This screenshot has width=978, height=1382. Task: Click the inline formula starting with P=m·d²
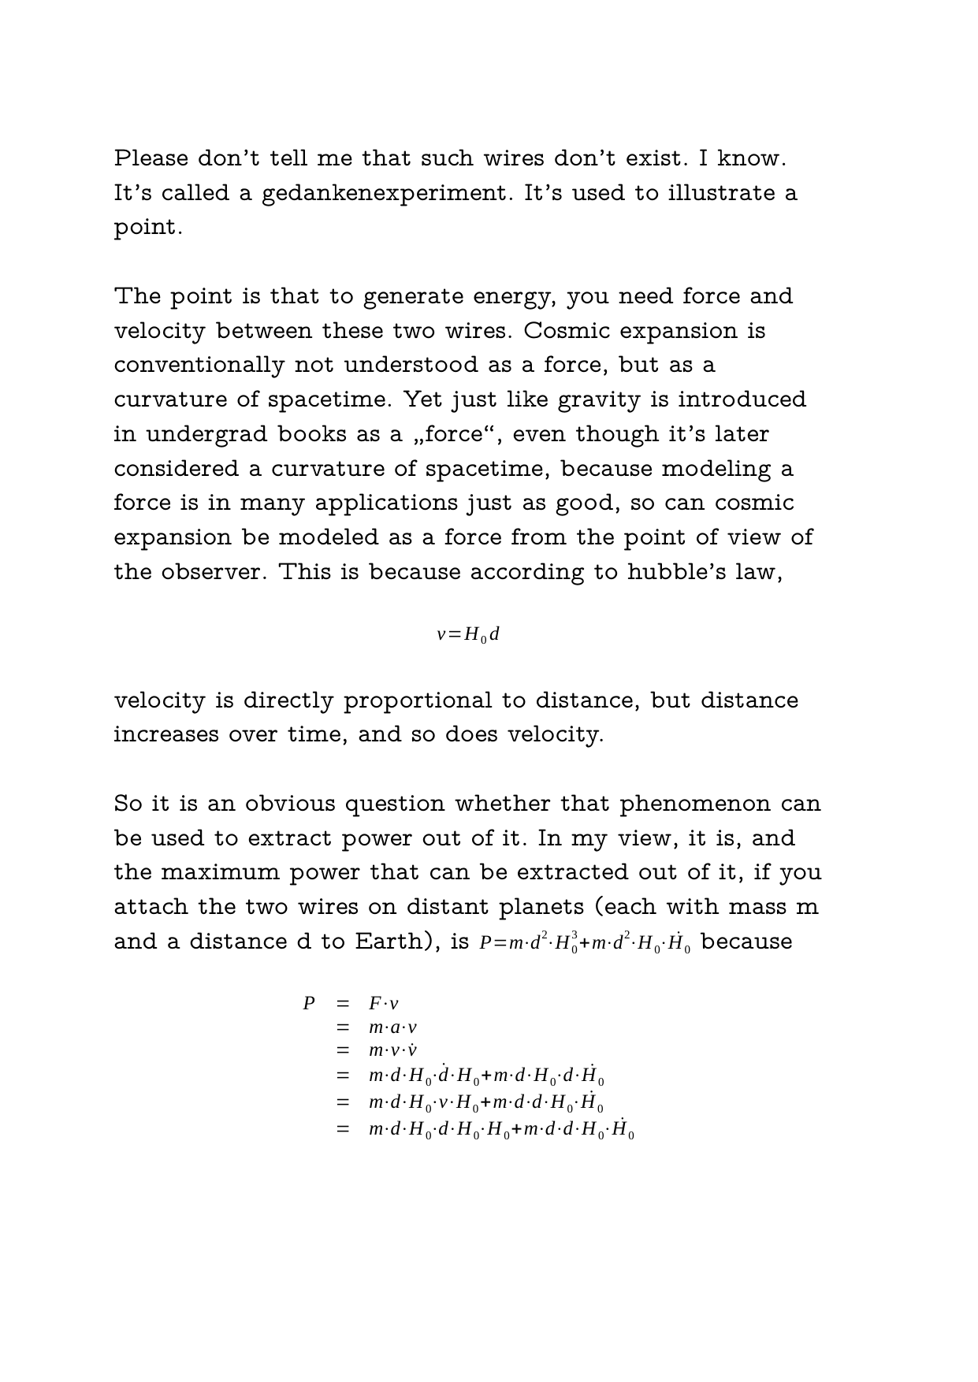pyautogui.click(x=585, y=942)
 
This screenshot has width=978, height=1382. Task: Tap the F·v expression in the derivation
pyautogui.click(x=384, y=1004)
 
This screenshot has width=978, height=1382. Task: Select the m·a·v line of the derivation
pyautogui.click(x=392, y=1027)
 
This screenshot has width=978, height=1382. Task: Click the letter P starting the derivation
pyautogui.click(x=309, y=1004)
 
